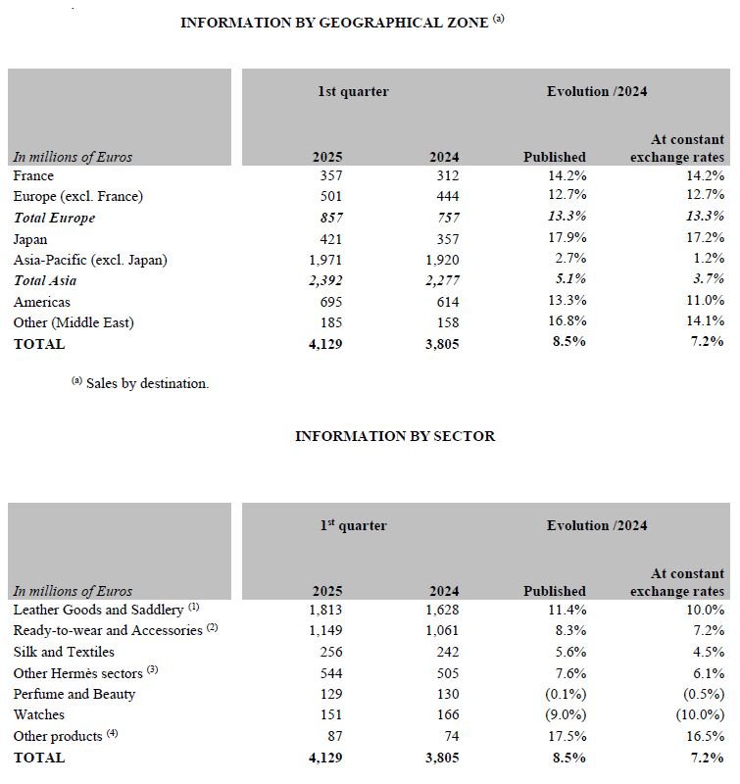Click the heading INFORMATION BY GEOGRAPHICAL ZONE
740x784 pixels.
point(334,23)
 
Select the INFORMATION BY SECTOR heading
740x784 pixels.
point(395,436)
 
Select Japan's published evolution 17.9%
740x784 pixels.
point(567,239)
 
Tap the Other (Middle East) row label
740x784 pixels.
point(74,322)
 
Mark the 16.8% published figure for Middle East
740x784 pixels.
point(567,322)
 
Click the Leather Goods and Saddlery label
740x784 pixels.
point(98,610)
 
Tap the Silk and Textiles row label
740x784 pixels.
point(64,652)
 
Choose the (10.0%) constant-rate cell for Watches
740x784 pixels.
point(701,714)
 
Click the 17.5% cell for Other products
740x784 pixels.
point(567,736)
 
